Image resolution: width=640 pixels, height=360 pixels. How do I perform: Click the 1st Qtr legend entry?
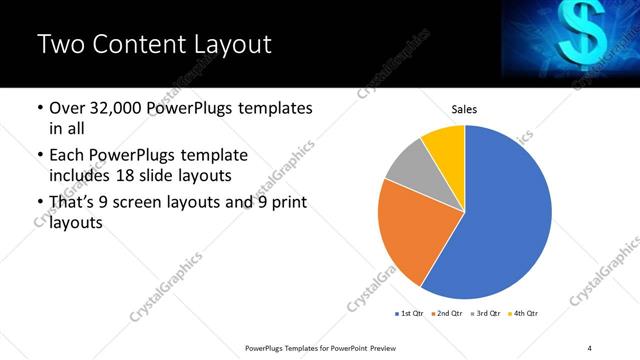[x=409, y=314]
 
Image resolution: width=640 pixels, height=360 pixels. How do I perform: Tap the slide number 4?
[x=590, y=347]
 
